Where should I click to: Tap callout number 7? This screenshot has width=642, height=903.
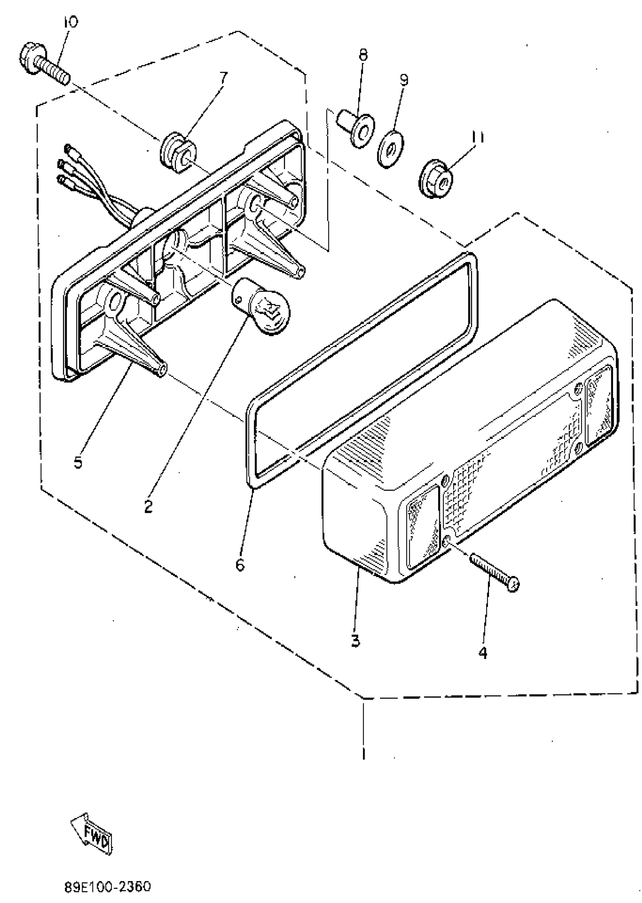[224, 76]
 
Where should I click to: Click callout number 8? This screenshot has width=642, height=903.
[363, 54]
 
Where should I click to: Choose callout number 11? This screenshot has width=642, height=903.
[477, 137]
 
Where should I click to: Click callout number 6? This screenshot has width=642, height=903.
[240, 565]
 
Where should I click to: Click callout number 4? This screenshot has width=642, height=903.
[483, 653]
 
